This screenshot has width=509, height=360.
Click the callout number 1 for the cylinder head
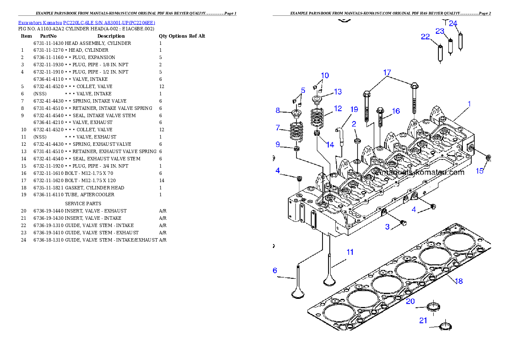pyautogui.click(x=469, y=104)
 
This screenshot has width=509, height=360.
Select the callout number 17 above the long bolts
pyautogui.click(x=387, y=73)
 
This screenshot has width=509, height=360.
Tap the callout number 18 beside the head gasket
pyautogui.click(x=459, y=281)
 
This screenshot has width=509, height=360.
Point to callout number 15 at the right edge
pyautogui.click(x=480, y=171)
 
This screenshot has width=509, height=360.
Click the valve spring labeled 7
pyautogui.click(x=296, y=132)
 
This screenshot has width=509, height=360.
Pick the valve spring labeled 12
pyautogui.click(x=317, y=117)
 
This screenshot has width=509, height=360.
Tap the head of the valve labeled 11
pyautogui.click(x=329, y=280)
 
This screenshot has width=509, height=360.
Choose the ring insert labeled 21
pyautogui.click(x=446, y=326)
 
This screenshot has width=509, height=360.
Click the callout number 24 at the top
pyautogui.click(x=453, y=23)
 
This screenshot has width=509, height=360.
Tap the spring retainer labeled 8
pyautogui.click(x=295, y=113)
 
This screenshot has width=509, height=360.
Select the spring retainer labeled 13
pyautogui.click(x=317, y=100)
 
